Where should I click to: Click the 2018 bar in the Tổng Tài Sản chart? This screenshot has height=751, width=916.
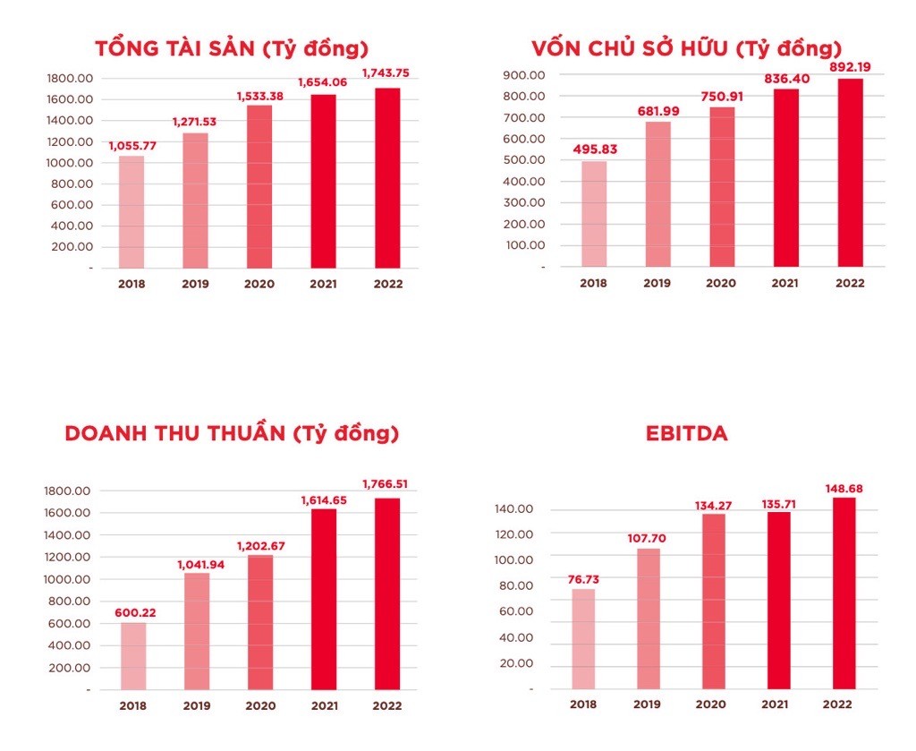pos(131,212)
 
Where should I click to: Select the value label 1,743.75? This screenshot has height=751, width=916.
pos(388,73)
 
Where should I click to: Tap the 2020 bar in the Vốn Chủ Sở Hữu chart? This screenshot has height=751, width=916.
pos(722,187)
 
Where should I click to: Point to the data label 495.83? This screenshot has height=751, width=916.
pos(593,149)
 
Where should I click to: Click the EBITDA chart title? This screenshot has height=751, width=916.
pos(686,434)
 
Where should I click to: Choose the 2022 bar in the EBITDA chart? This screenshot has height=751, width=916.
pos(844,593)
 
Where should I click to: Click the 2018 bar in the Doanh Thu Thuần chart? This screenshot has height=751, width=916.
pos(133,656)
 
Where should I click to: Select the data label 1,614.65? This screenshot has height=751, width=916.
pos(323,499)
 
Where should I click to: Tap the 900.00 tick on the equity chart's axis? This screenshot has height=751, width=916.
pos(524,75)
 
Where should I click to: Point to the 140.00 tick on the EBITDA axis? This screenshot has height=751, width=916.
pos(513,509)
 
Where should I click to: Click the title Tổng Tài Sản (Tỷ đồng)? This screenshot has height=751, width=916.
pos(232,48)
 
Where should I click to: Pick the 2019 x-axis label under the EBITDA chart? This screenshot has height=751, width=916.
pos(647,704)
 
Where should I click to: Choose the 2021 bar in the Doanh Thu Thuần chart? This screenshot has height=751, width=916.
pos(324,599)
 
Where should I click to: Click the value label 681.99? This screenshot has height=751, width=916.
pos(657,110)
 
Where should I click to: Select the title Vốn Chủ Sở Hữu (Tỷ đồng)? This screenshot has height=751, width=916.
pos(686,48)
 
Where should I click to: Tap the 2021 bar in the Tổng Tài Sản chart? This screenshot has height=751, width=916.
pos(324,181)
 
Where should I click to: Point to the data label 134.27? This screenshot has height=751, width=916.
pos(713,506)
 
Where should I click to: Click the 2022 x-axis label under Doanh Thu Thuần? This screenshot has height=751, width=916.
pos(388,705)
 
